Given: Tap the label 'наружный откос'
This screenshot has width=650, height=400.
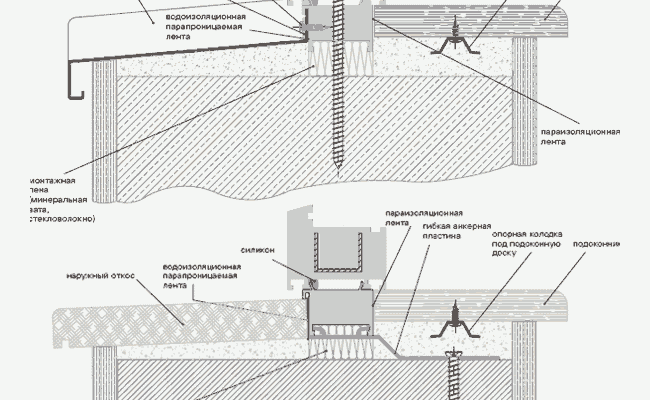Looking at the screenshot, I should coord(101,274).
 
